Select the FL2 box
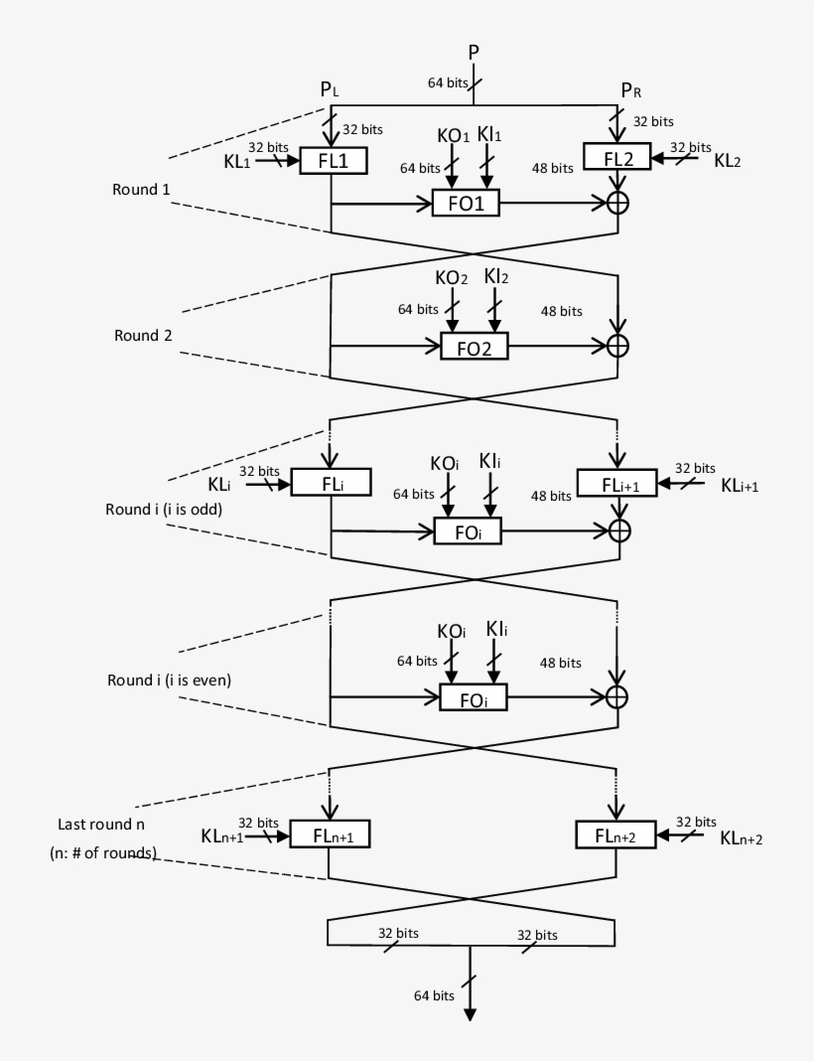616,156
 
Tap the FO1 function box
466,205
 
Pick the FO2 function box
474,346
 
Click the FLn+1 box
329,835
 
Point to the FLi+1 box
616,484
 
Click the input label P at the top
475,52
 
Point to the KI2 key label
496,276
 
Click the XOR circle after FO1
619,203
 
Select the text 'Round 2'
143,336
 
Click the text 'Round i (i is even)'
169,681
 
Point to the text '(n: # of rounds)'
103,853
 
